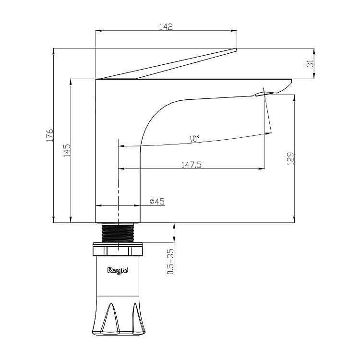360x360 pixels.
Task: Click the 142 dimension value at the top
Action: (166, 26)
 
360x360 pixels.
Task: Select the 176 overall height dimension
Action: (50, 135)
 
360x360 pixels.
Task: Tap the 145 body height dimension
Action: (67, 150)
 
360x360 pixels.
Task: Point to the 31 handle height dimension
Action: (310, 63)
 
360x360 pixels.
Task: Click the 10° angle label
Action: (194, 139)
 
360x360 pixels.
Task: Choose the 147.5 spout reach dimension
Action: (191, 165)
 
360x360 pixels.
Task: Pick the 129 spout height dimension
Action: (290, 158)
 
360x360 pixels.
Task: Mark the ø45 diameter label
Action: (157, 202)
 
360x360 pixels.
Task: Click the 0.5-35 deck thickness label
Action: (170, 262)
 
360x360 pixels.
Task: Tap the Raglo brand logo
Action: (118, 270)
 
